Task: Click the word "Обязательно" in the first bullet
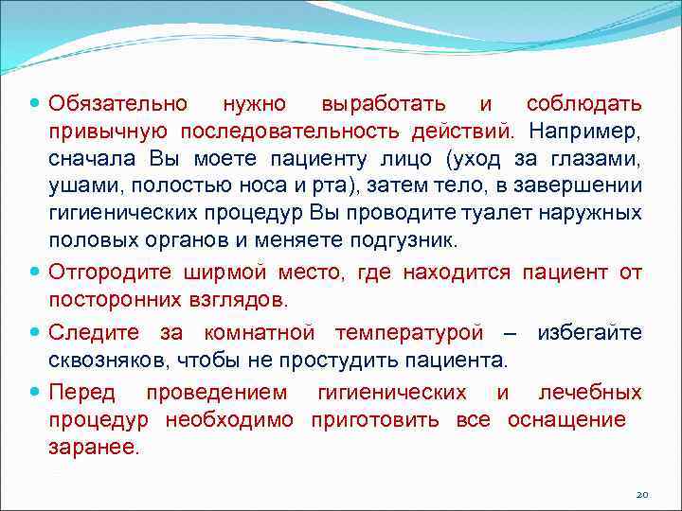[x=118, y=102]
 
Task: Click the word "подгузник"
[x=406, y=238]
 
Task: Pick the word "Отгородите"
[x=110, y=273]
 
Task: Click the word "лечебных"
[x=589, y=394]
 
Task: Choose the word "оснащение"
[x=566, y=420]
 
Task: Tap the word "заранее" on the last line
[x=93, y=448]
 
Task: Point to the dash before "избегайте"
[x=510, y=334]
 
